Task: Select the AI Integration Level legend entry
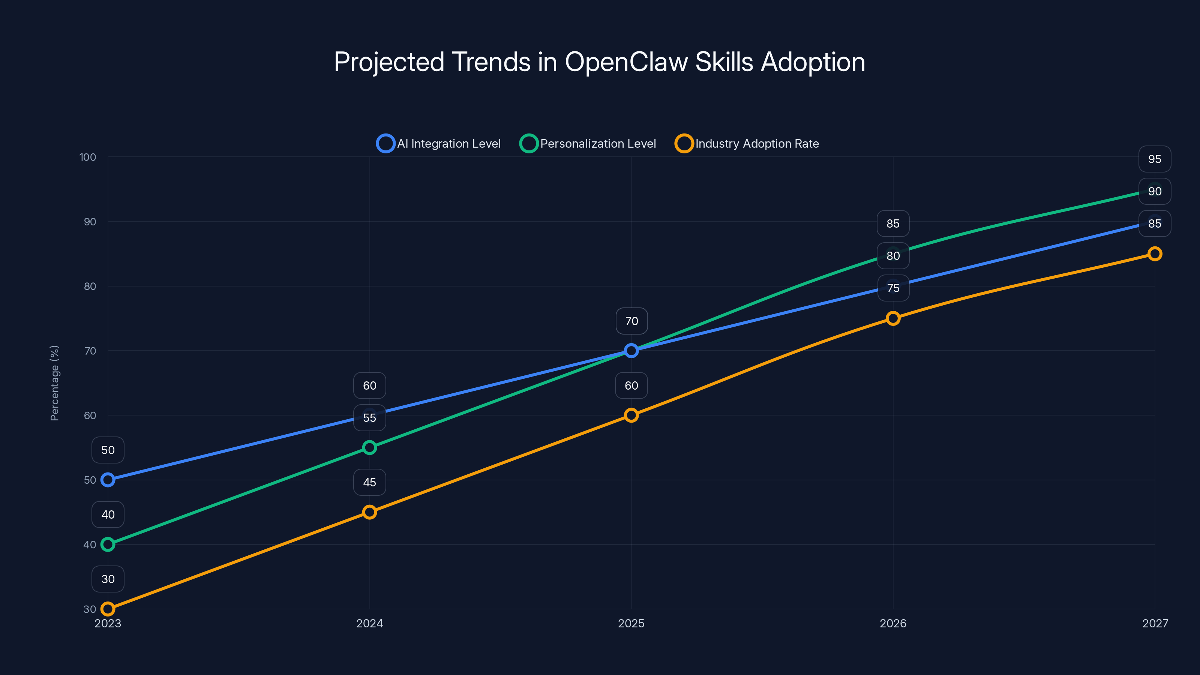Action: pos(439,144)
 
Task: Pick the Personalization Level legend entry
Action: pos(588,144)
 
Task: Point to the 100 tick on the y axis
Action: pos(88,157)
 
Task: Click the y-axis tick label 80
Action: pos(90,286)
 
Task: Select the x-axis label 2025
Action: pos(631,623)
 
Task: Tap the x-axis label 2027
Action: pos(1155,623)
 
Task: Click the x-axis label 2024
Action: pos(369,623)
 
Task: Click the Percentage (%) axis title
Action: pos(54,383)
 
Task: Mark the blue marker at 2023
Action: pos(108,480)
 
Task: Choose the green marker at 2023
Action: pos(108,544)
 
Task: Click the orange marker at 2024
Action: pos(369,512)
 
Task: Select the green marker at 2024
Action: pos(369,448)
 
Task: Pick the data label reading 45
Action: pos(369,482)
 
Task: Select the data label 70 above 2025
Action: pos(631,321)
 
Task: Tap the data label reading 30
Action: pos(108,579)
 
